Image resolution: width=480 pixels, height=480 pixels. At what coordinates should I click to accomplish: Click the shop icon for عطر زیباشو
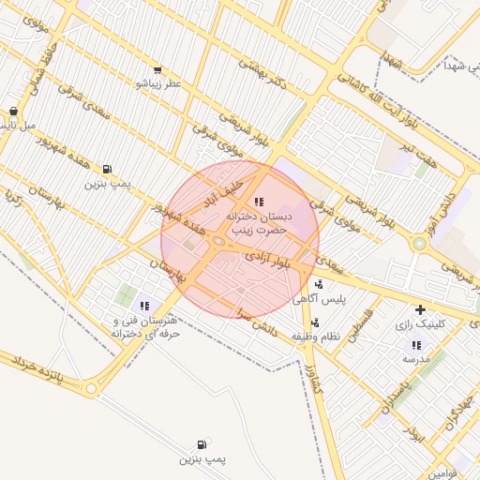(x=157, y=69)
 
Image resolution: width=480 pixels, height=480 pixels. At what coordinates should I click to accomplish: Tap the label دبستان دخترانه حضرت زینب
(x=259, y=221)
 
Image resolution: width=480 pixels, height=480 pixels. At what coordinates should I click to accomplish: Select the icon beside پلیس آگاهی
(x=320, y=285)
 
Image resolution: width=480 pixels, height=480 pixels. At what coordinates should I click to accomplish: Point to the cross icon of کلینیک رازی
(x=420, y=309)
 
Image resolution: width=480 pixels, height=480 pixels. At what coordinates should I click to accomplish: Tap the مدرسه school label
(x=415, y=359)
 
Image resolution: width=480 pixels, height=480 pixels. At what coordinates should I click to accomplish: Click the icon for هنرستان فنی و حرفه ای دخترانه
(x=144, y=306)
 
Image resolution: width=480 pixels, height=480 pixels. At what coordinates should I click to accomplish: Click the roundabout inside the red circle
(x=218, y=242)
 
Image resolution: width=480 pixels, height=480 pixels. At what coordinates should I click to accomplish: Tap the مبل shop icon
(x=13, y=111)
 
